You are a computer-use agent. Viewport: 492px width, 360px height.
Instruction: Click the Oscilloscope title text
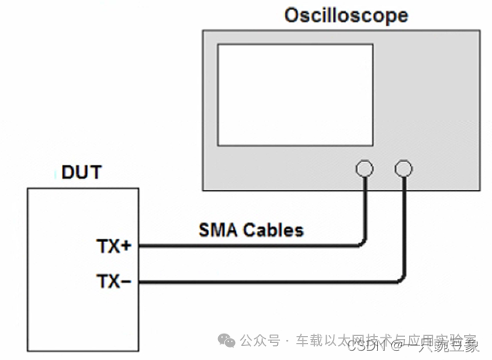pyautogui.click(x=346, y=15)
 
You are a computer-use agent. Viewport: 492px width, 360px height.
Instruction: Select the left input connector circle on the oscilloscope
pyautogui.click(x=364, y=168)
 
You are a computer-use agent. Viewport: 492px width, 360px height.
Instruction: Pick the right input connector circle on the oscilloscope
pyautogui.click(x=404, y=168)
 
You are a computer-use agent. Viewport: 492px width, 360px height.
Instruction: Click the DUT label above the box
pyautogui.click(x=81, y=172)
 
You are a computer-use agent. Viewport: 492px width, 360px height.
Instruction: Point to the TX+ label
pyautogui.click(x=114, y=247)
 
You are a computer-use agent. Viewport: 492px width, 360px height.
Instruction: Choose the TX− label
pyautogui.click(x=114, y=281)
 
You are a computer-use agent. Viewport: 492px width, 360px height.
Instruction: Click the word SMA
pyautogui.click(x=218, y=230)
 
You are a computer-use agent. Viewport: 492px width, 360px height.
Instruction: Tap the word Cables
pyautogui.click(x=272, y=230)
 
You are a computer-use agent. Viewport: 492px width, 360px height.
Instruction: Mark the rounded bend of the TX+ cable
pyautogui.click(x=361, y=244)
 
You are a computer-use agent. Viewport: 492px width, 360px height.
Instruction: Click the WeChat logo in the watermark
pyautogui.click(x=227, y=340)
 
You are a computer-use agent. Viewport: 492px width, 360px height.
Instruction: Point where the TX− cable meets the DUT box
pyautogui.click(x=140, y=283)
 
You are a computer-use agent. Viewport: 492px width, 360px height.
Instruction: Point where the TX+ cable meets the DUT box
pyautogui.click(x=140, y=247)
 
